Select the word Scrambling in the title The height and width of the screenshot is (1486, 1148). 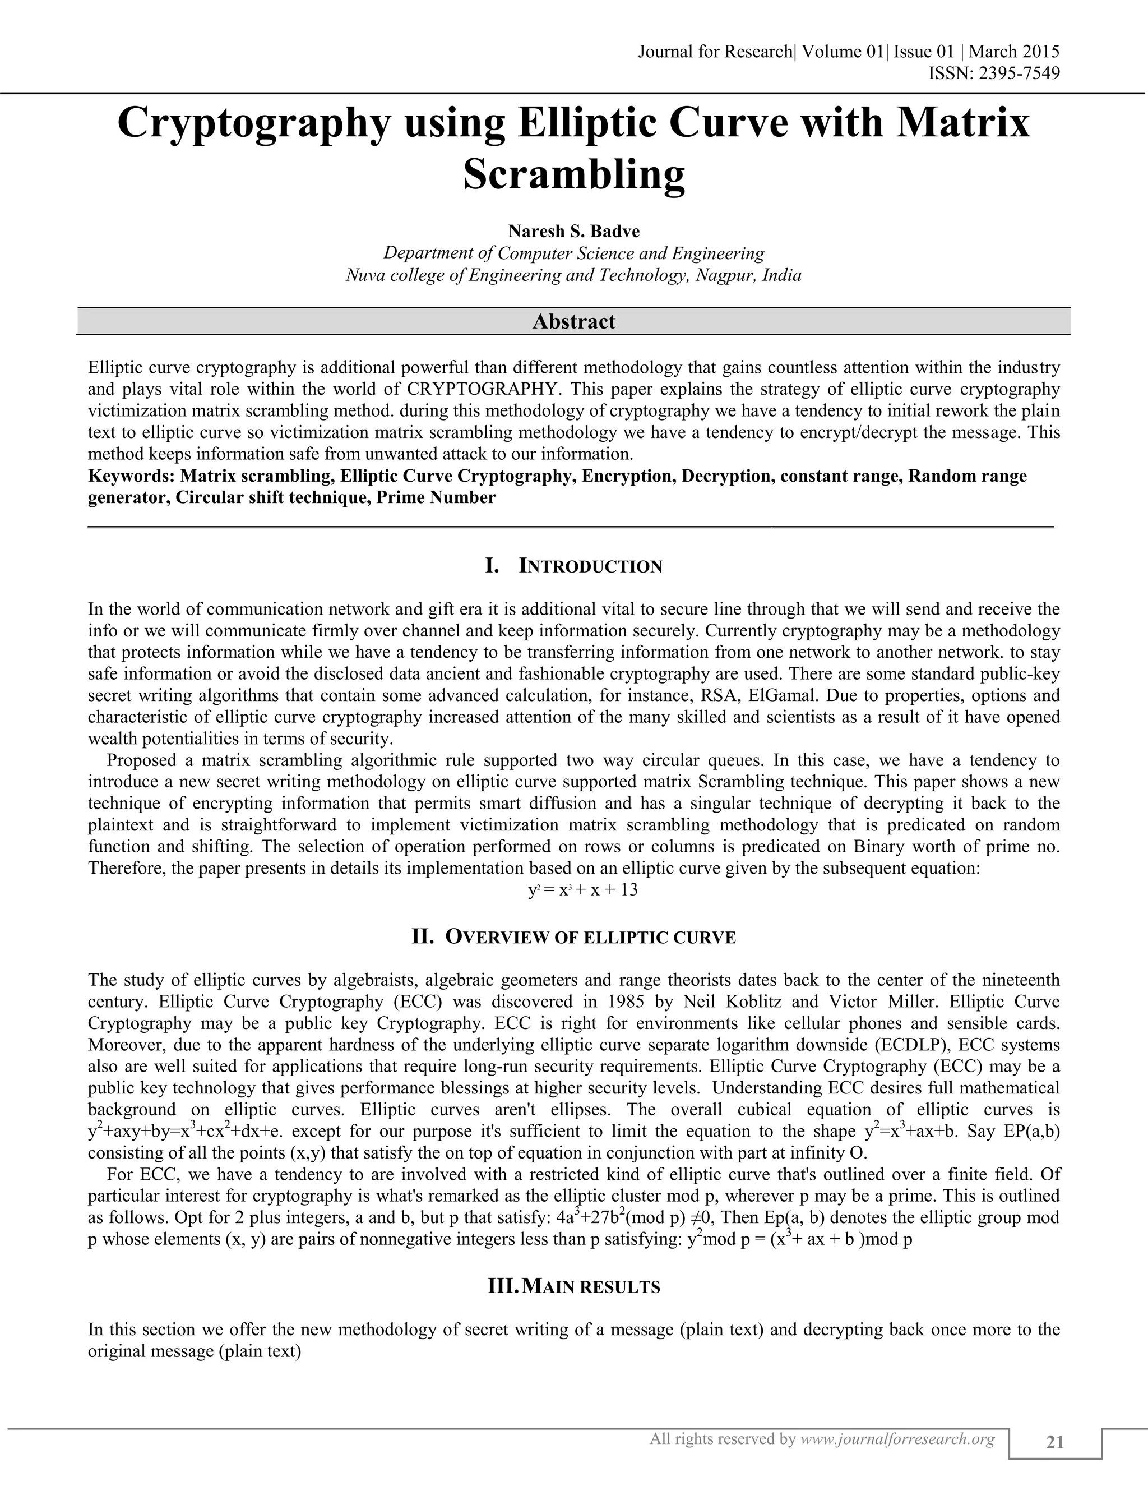[574, 174]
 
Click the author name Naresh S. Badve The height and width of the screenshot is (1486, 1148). [574, 232]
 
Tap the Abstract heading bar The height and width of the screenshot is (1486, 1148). [574, 321]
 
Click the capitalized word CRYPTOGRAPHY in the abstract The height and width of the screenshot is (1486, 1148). [485, 389]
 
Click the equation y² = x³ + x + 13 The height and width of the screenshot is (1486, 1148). [583, 890]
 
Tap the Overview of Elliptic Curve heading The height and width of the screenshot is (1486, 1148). [574, 938]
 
